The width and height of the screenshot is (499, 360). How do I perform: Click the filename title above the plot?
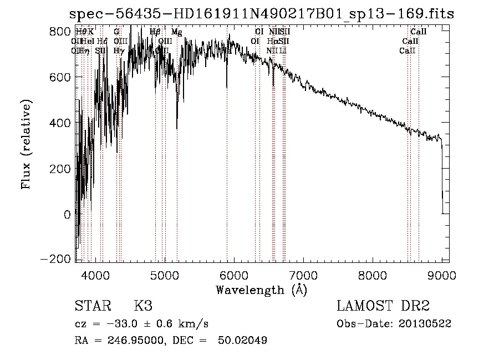click(x=261, y=14)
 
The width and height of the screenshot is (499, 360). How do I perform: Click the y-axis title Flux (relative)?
click(x=27, y=144)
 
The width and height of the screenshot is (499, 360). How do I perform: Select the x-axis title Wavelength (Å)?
click(x=261, y=290)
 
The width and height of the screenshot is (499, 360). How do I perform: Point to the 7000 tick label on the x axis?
click(x=303, y=275)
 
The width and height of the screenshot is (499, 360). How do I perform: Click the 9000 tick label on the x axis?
click(x=441, y=275)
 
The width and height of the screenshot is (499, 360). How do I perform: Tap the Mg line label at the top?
click(x=176, y=32)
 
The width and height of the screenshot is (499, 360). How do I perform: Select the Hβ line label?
click(x=155, y=32)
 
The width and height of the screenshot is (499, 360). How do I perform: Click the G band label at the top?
click(x=116, y=32)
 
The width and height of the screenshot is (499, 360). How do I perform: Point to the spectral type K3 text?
click(x=143, y=306)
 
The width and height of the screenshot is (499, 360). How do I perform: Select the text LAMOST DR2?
click(x=383, y=306)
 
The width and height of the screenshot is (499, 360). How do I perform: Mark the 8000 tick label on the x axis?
click(x=372, y=275)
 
